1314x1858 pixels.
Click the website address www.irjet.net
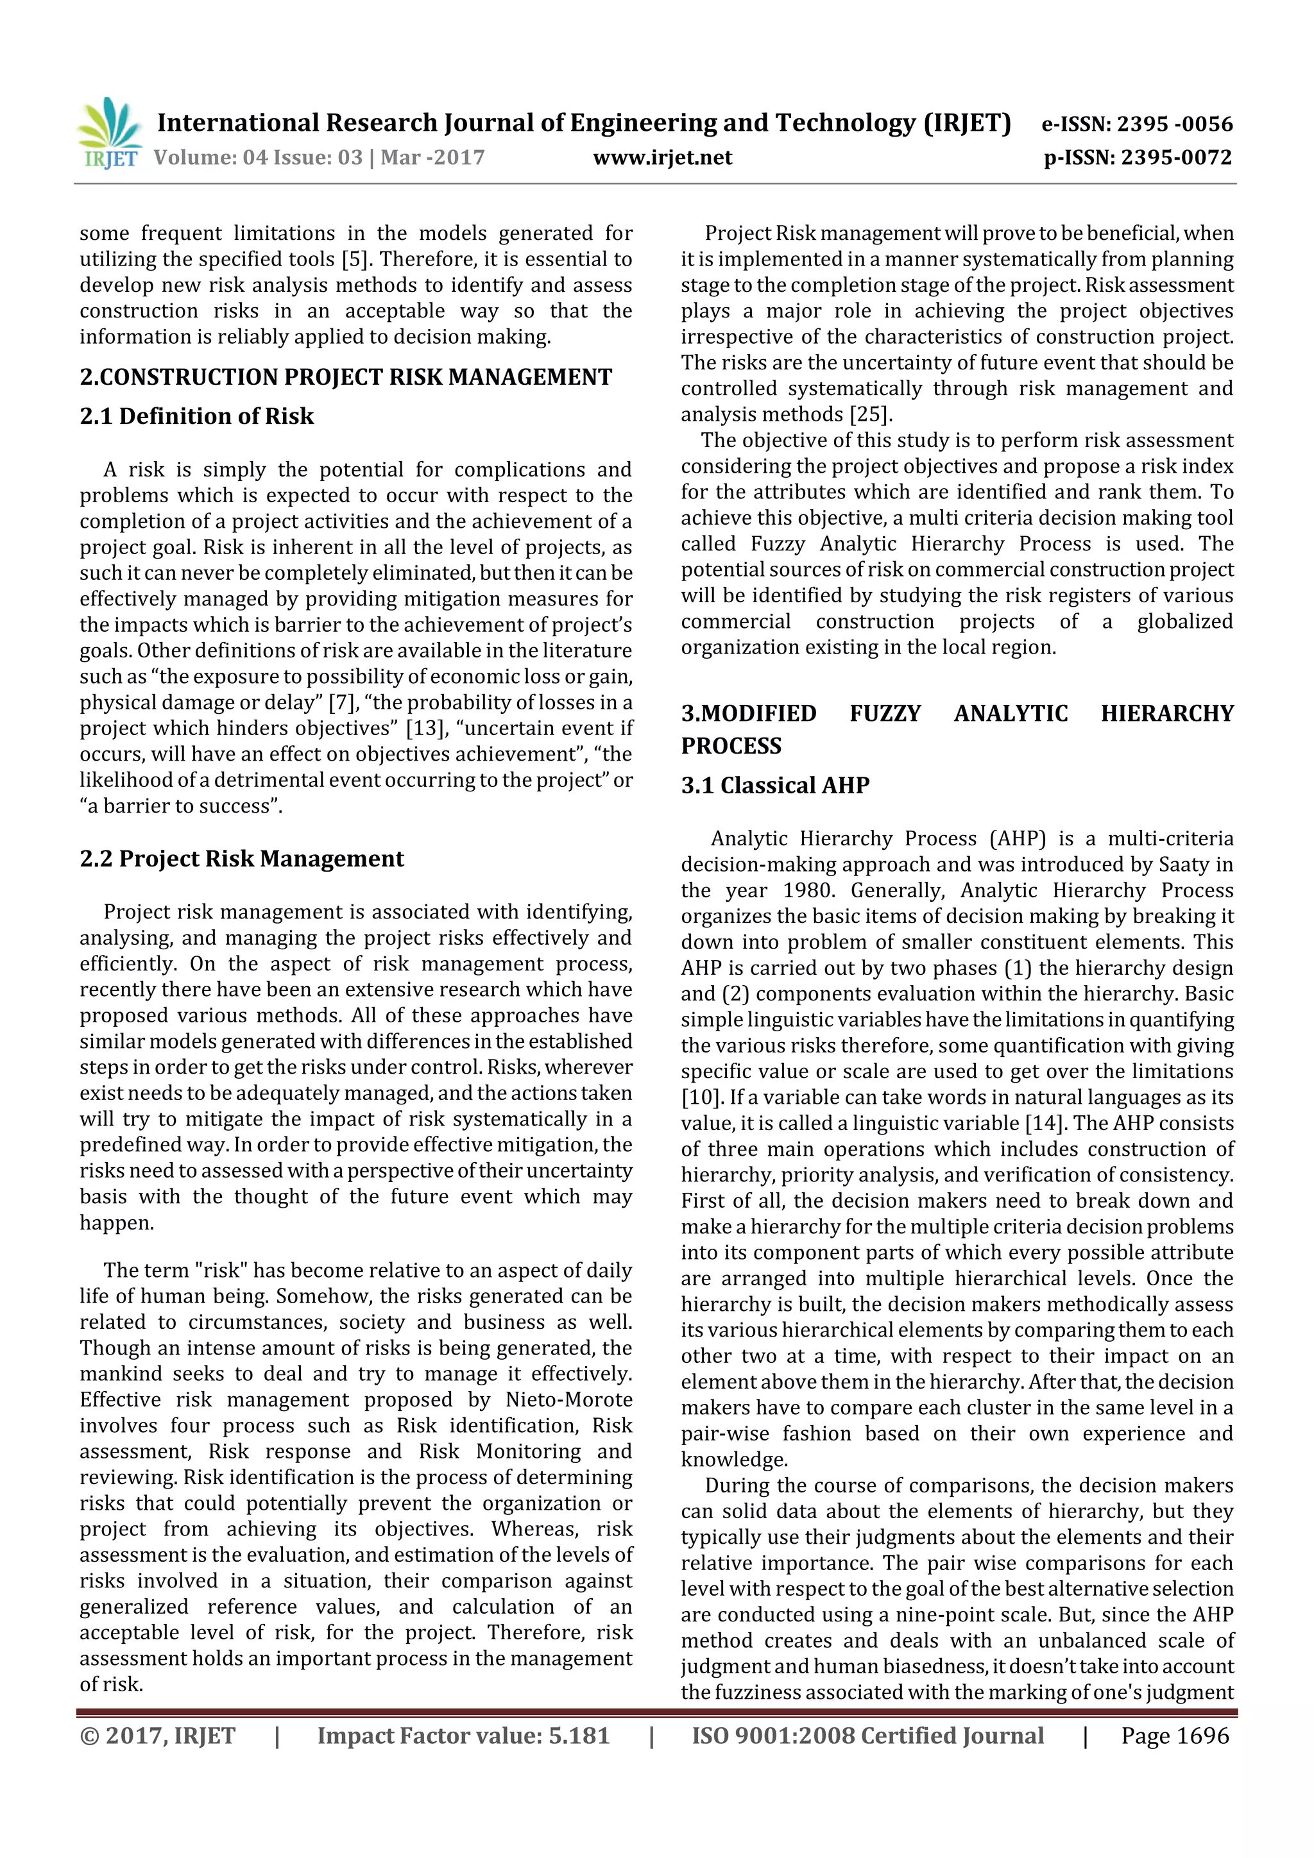(662, 157)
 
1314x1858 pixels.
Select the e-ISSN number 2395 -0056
(1174, 124)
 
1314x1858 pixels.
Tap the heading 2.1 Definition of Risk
(197, 416)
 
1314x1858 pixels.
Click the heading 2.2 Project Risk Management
(241, 859)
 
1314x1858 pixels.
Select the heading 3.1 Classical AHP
(775, 785)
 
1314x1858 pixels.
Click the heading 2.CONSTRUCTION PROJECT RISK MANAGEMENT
(346, 377)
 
